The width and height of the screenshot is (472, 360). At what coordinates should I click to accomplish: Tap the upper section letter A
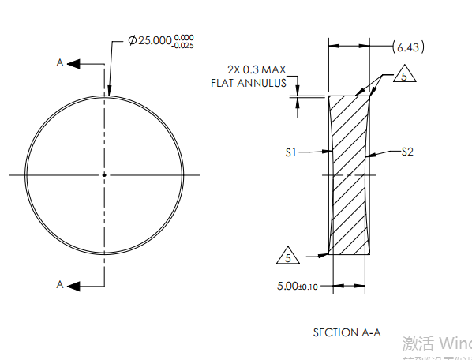coord(59,63)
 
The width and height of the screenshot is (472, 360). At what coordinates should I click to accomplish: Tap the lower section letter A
coord(59,285)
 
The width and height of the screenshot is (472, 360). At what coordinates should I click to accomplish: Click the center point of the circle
coord(104,174)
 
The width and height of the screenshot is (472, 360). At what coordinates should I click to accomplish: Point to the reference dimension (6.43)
coord(408,48)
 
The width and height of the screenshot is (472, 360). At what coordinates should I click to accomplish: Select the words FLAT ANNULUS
coord(249,83)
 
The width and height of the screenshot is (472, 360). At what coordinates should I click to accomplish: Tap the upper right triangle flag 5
coord(403,77)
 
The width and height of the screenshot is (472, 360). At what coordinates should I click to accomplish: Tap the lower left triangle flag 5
coord(289,257)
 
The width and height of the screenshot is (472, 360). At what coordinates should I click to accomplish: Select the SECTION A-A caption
coord(347,332)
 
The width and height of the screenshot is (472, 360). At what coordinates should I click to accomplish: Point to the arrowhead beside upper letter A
coord(73,63)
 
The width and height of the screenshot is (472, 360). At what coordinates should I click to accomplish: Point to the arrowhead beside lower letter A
coord(73,285)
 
